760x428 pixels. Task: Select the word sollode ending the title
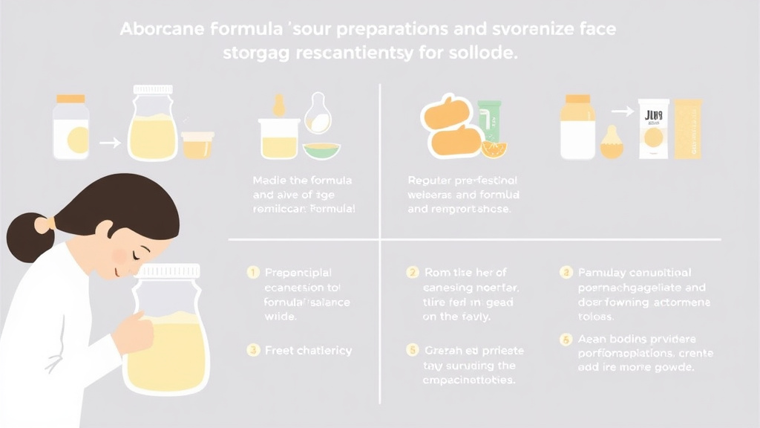pyautogui.click(x=488, y=54)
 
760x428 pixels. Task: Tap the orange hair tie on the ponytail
pyautogui.click(x=50, y=222)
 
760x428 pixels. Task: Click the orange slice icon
pyautogui.click(x=493, y=149)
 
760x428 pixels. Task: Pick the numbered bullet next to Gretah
pyautogui.click(x=411, y=349)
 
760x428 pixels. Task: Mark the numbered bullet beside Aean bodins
pyautogui.click(x=565, y=338)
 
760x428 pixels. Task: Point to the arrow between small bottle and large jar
pyautogui.click(x=109, y=142)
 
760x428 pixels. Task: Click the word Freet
pyautogui.click(x=279, y=350)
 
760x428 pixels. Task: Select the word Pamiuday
pyautogui.click(x=604, y=273)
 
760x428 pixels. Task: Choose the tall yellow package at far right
pyautogui.click(x=687, y=128)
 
